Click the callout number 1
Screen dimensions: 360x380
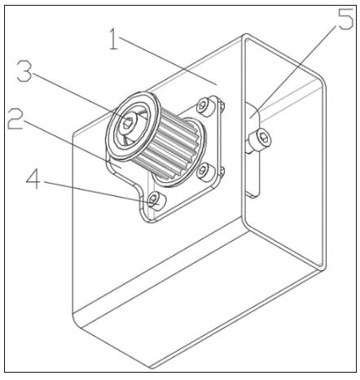pos(114,39)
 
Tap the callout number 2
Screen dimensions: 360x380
pos(15,118)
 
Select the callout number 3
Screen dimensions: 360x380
pos(24,71)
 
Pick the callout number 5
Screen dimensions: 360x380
pos(345,19)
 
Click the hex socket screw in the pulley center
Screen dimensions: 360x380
pos(128,123)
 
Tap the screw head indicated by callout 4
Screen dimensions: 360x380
pos(156,201)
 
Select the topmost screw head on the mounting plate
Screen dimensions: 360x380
pos(204,106)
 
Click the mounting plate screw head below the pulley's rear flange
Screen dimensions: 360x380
pos(204,172)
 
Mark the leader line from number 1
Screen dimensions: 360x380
pos(168,61)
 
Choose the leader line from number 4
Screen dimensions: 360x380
pos(100,192)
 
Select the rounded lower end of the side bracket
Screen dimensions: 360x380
pos(252,193)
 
